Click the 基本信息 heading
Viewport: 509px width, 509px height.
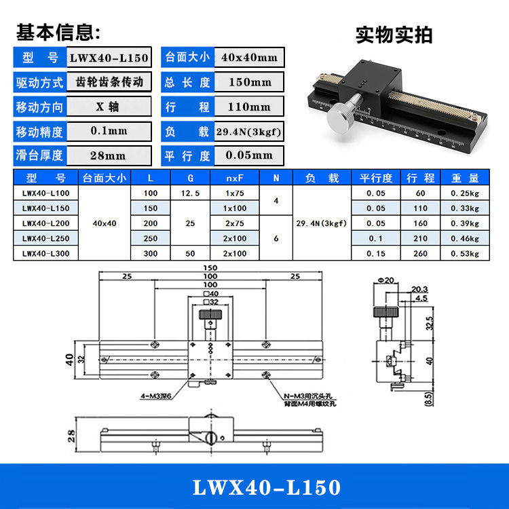tap(58, 31)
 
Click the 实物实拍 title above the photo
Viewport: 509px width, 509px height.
tap(394, 35)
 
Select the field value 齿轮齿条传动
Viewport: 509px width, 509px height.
tap(109, 82)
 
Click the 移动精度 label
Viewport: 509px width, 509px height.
tap(39, 131)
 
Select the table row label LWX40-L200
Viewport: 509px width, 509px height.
tap(45, 223)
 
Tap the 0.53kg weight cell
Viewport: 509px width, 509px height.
tap(465, 253)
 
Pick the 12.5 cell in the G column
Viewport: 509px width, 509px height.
tap(190, 193)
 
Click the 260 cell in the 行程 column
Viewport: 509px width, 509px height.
tap(420, 253)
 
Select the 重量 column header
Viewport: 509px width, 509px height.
tap(465, 178)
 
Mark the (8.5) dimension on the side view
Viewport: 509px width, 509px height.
tap(428, 397)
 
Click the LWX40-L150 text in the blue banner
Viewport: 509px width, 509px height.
tap(267, 487)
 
